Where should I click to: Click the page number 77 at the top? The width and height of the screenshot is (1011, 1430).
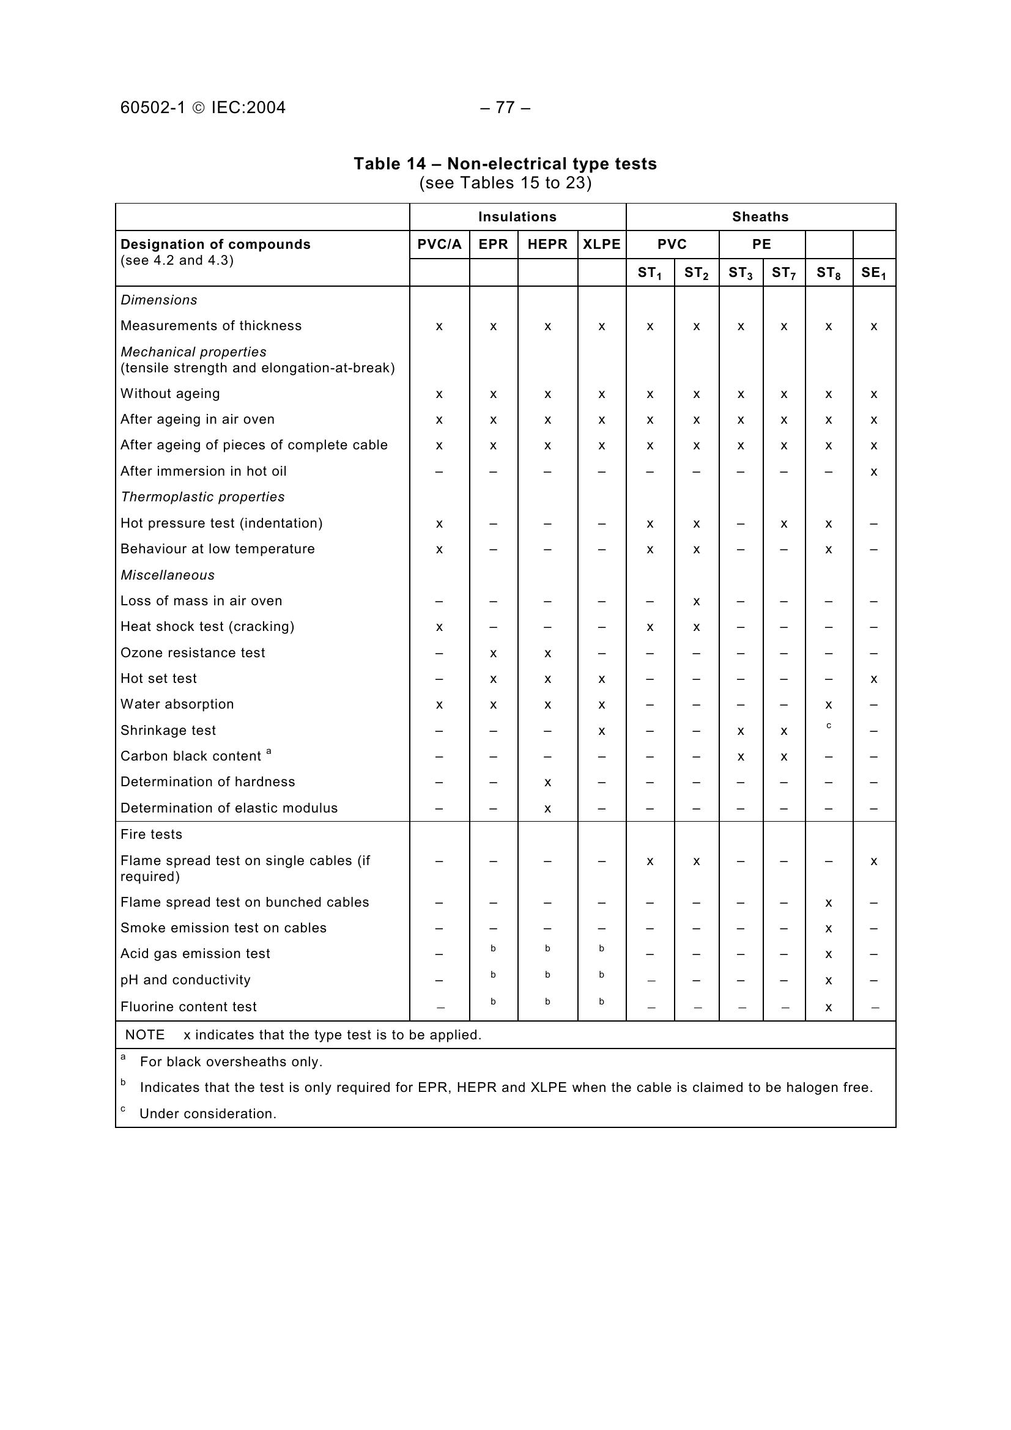505,108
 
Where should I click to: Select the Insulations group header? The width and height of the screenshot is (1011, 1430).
517,217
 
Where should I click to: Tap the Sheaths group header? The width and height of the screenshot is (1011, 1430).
760,217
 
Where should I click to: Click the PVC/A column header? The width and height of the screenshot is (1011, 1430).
439,244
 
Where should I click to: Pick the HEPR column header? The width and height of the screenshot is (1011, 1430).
547,244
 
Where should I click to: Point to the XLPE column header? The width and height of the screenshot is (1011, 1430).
601,244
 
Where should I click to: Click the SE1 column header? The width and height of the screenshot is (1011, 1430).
873,273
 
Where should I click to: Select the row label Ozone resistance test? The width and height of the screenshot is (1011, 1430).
193,653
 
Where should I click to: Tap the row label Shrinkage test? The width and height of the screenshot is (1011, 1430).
168,730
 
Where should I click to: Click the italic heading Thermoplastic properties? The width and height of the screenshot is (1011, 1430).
202,497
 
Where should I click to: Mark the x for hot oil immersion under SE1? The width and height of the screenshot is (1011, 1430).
874,472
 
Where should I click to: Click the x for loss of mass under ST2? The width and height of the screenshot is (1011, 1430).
696,602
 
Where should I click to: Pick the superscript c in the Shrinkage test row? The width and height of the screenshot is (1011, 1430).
829,726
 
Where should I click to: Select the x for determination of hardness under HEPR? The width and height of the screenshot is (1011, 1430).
547,783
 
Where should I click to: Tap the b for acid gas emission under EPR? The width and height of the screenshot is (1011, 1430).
493,949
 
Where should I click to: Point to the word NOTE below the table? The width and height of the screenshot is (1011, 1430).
144,1035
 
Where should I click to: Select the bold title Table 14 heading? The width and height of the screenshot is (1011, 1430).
505,164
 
